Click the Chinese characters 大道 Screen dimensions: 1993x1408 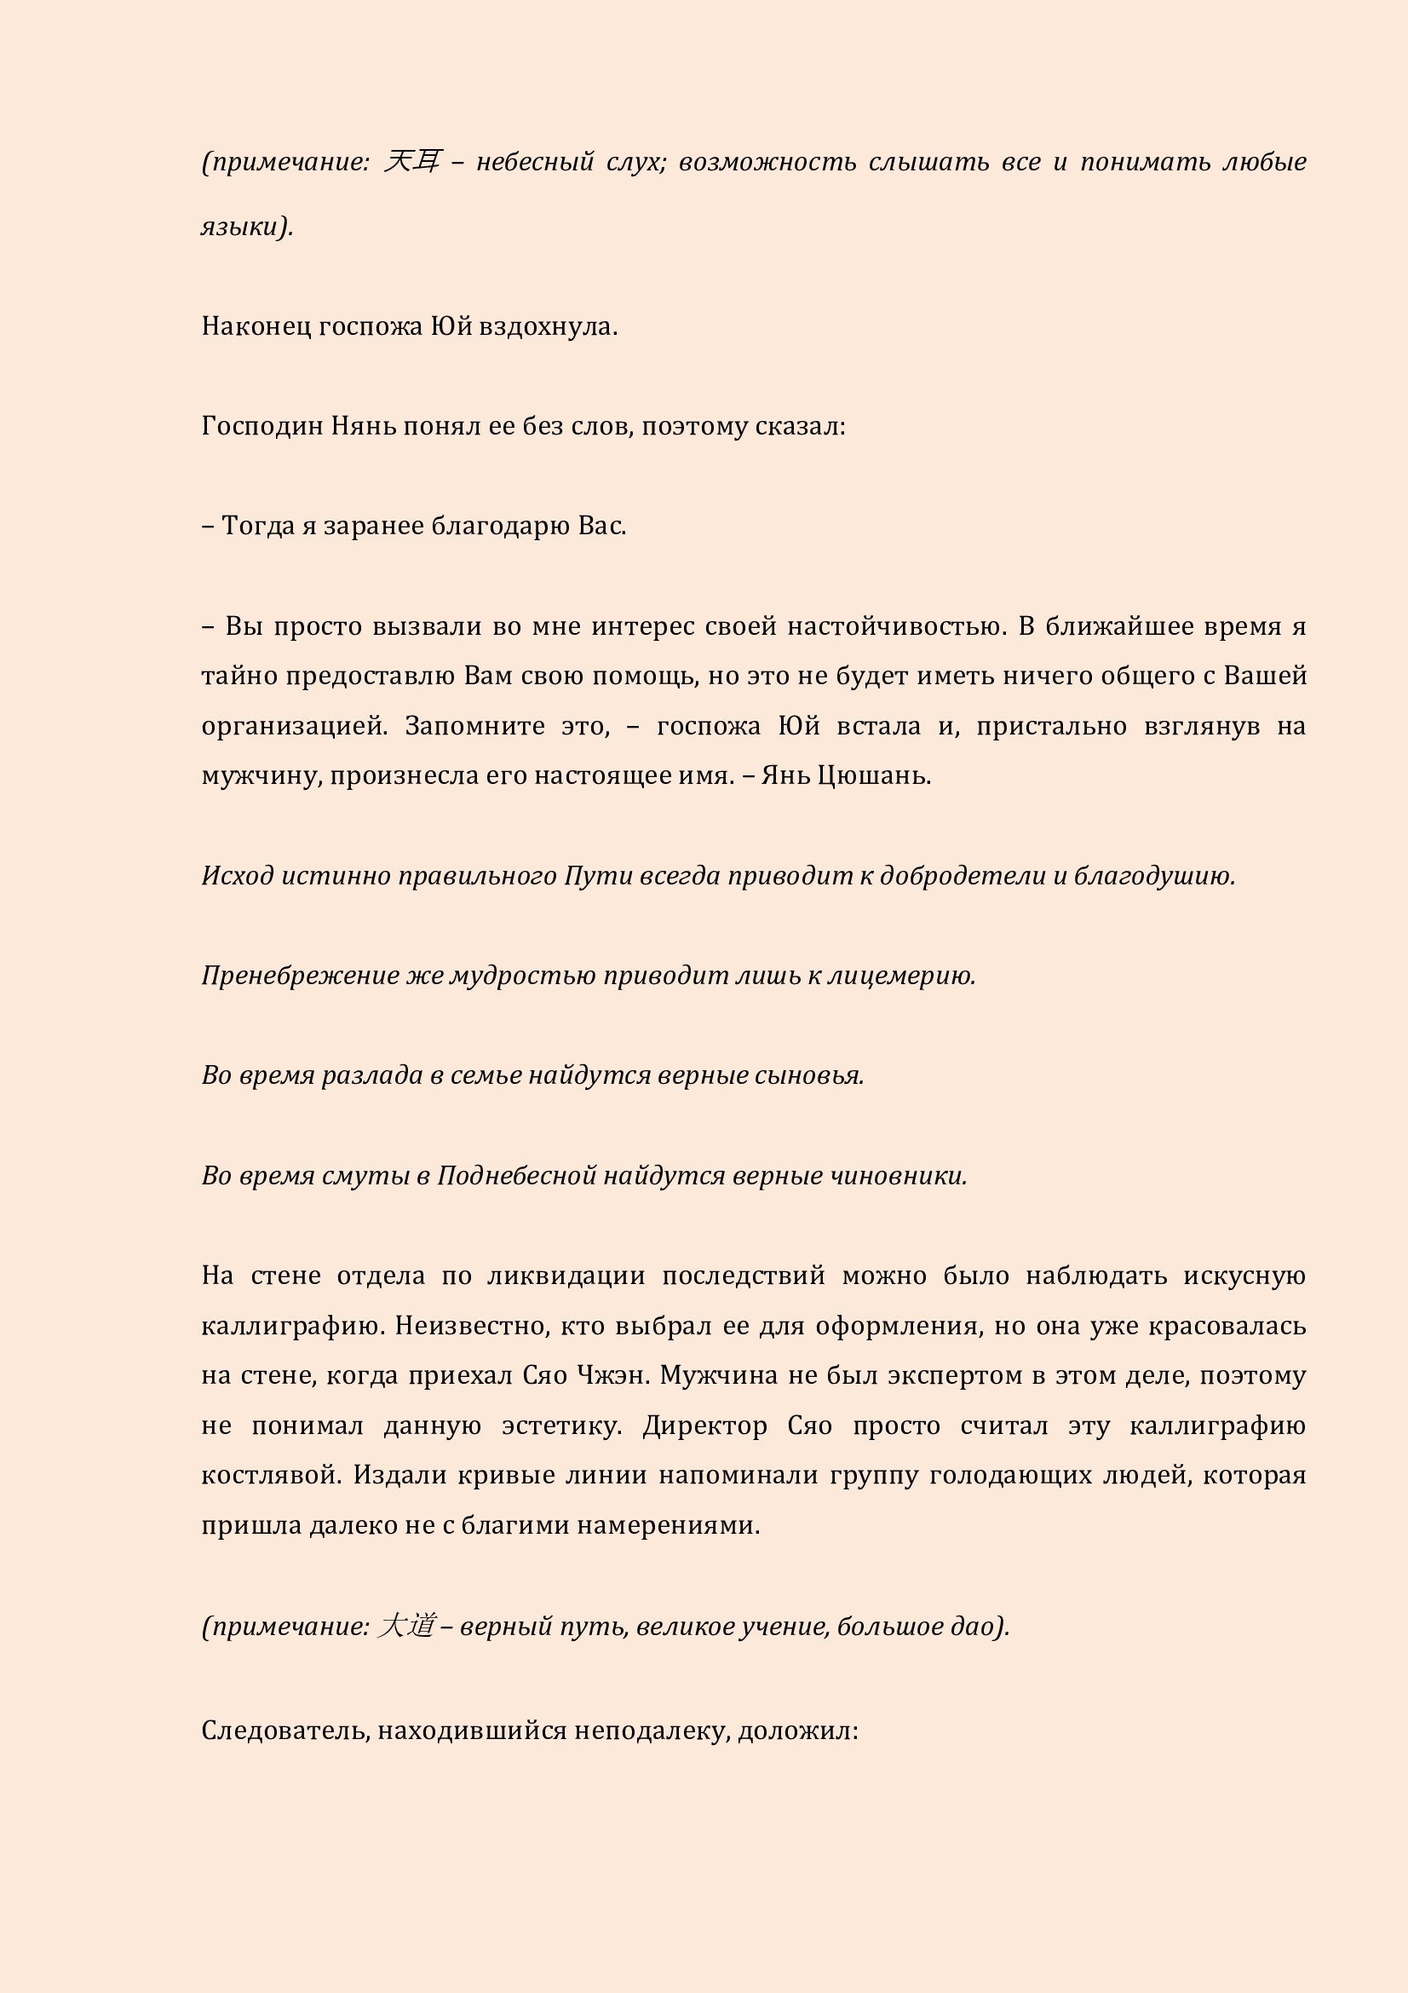pyautogui.click(x=406, y=1626)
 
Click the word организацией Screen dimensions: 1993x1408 pyautogui.click(x=294, y=726)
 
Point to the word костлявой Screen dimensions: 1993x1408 pyautogui.click(x=268, y=1476)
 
